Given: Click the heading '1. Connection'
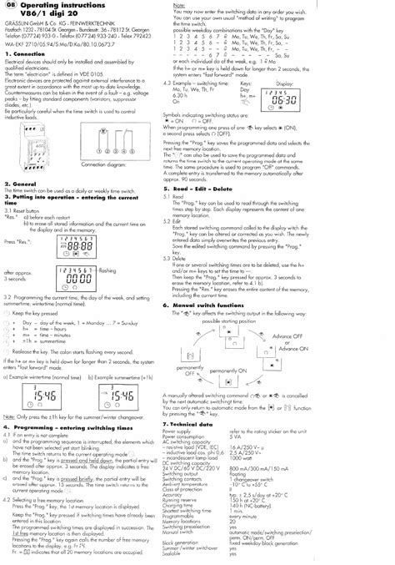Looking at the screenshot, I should (24, 53).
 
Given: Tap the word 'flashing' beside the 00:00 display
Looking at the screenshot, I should (107, 271).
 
